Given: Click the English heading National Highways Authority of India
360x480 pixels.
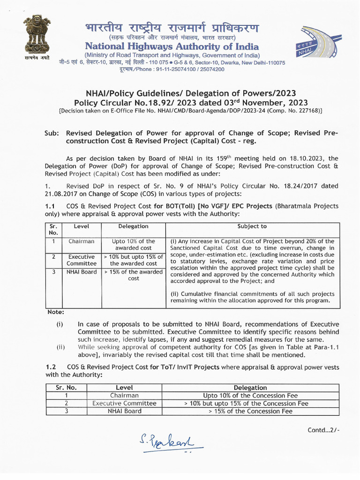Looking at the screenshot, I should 172,46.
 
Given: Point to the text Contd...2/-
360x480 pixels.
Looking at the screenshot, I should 323,429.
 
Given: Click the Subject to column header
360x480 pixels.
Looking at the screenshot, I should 252,226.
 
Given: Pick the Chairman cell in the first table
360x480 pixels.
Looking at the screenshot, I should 81,241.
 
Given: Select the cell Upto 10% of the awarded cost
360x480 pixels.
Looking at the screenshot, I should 134,244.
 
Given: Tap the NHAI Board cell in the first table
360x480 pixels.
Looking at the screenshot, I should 81,272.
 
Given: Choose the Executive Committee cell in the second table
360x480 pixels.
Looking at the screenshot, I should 124,403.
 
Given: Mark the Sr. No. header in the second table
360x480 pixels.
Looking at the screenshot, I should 66,388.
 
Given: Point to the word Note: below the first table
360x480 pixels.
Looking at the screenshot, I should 56,312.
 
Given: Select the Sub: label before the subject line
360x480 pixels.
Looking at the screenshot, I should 52,133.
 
